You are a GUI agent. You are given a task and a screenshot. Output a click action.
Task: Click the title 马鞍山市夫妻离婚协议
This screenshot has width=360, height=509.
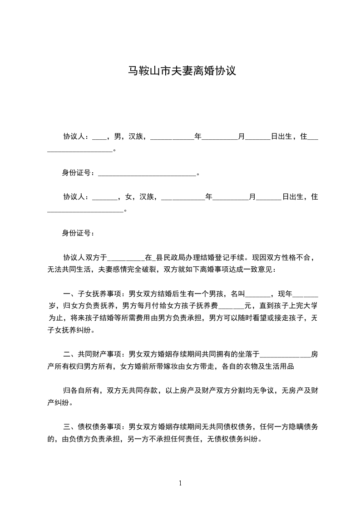point(180,71)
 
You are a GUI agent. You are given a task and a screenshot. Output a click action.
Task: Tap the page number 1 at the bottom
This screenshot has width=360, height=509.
point(180,483)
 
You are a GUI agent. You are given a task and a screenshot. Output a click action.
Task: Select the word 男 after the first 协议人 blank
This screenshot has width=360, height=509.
point(118,136)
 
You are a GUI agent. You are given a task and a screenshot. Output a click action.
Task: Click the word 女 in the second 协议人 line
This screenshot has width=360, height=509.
point(128,197)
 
